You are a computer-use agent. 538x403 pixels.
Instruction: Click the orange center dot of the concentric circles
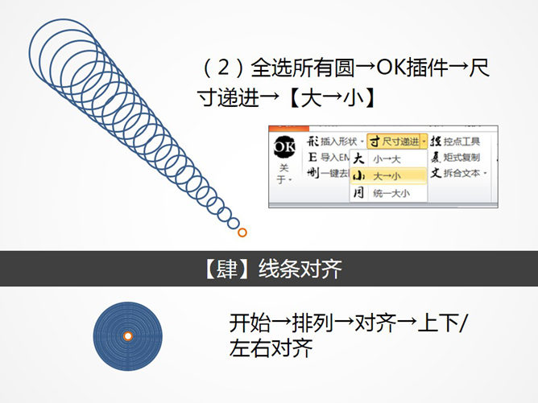127,335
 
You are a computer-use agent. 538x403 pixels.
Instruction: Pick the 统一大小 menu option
391,193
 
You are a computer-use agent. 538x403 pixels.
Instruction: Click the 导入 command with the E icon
330,157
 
